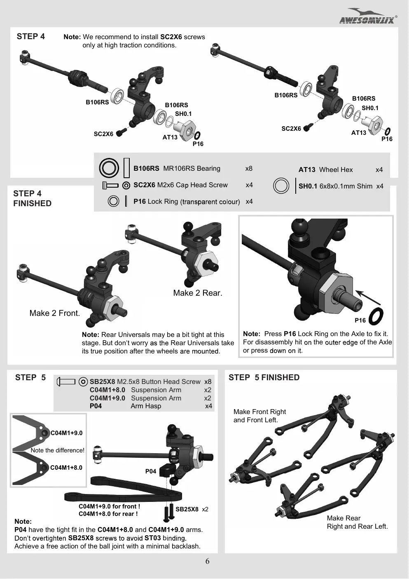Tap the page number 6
[207, 561]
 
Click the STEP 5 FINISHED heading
[264, 377]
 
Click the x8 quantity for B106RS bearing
[249, 169]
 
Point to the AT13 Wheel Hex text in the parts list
[326, 169]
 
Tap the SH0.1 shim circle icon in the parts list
[280, 186]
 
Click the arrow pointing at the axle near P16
[368, 297]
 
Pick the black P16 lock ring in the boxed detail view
[376, 316]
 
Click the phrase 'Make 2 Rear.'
[198, 293]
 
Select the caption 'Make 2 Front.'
[54, 313]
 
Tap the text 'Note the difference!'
[57, 450]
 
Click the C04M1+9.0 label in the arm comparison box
[66, 433]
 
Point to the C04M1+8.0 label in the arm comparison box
[66, 467]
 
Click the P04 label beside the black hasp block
[150, 471]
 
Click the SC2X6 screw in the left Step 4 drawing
[122, 132]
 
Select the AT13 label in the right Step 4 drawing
[358, 133]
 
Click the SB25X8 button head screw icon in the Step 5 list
[66, 381]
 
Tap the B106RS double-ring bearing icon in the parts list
[109, 168]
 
